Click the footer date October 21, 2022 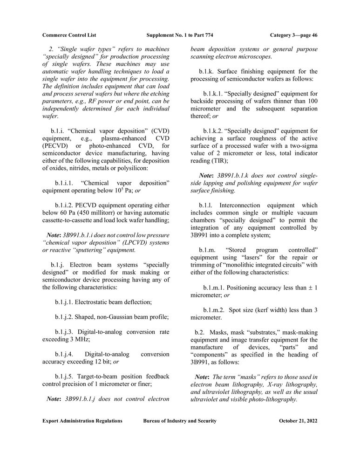(x=298, y=421)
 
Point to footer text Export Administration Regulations (x=82, y=421)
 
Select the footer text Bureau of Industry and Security (x=180, y=421)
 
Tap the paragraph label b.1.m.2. (x=214, y=310)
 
